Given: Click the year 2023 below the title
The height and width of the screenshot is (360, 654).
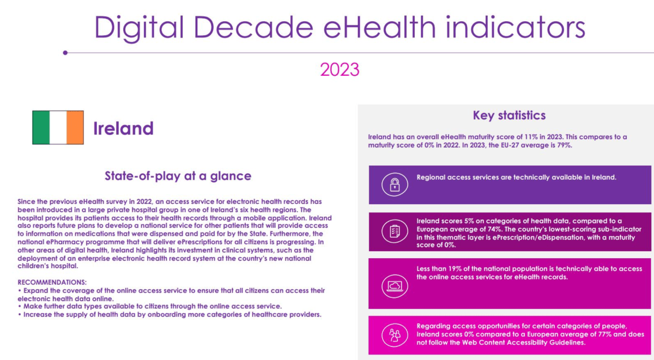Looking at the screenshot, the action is pyautogui.click(x=340, y=69).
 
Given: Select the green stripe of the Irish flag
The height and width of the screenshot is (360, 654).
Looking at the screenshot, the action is pyautogui.click(x=41, y=127).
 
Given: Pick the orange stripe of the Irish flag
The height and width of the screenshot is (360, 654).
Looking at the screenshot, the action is pyautogui.click(x=75, y=127).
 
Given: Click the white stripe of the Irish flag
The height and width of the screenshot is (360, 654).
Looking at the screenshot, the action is pyautogui.click(x=58, y=127).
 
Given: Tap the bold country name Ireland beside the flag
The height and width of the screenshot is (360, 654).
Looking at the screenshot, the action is pyautogui.click(x=123, y=129).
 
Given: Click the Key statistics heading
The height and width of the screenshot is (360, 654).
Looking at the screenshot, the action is pyautogui.click(x=509, y=115).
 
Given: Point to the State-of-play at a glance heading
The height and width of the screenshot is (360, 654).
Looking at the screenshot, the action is pyautogui.click(x=178, y=176).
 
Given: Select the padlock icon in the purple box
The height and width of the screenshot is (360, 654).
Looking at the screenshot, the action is pyautogui.click(x=395, y=185).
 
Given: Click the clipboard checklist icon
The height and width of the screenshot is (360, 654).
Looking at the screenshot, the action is pyautogui.click(x=395, y=231).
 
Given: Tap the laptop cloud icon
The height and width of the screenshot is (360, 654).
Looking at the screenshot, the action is pyautogui.click(x=395, y=286).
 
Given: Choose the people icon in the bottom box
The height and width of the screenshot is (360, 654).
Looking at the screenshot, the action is pyautogui.click(x=395, y=335).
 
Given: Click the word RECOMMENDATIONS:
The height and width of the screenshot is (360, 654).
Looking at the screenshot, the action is pyautogui.click(x=52, y=283).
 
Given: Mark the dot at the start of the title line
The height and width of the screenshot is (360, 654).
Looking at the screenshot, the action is pyautogui.click(x=65, y=53).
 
